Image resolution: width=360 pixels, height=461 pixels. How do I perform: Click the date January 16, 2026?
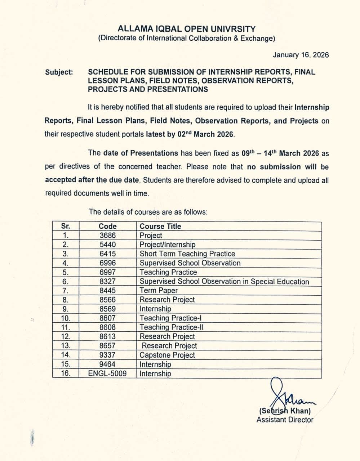[301, 55]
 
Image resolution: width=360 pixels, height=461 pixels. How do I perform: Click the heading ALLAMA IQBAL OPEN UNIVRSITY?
[186, 29]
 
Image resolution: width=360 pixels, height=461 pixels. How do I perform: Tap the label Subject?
[59, 72]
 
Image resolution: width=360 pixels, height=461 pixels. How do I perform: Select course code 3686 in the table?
[107, 236]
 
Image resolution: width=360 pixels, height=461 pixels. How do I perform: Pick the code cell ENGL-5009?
[107, 373]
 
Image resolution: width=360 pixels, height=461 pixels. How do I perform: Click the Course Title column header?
[160, 226]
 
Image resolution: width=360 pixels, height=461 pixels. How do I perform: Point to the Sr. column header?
[66, 226]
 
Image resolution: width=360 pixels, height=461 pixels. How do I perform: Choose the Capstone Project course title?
[167, 355]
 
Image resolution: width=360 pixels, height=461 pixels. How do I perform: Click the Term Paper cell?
[159, 291]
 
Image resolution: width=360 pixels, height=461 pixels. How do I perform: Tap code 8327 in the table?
[107, 282]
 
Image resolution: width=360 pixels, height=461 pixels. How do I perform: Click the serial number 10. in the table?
[66, 318]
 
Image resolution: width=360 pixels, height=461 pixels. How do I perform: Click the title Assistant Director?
[285, 420]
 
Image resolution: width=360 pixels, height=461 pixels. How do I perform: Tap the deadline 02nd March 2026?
[206, 135]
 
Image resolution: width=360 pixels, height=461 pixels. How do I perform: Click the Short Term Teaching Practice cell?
[187, 254]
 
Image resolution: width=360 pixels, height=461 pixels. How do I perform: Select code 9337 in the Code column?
[107, 355]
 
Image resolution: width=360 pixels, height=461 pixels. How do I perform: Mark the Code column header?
[107, 226]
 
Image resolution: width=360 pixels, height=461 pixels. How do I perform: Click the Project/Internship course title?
[168, 245]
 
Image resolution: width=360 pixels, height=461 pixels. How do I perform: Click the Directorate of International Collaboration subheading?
[187, 39]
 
